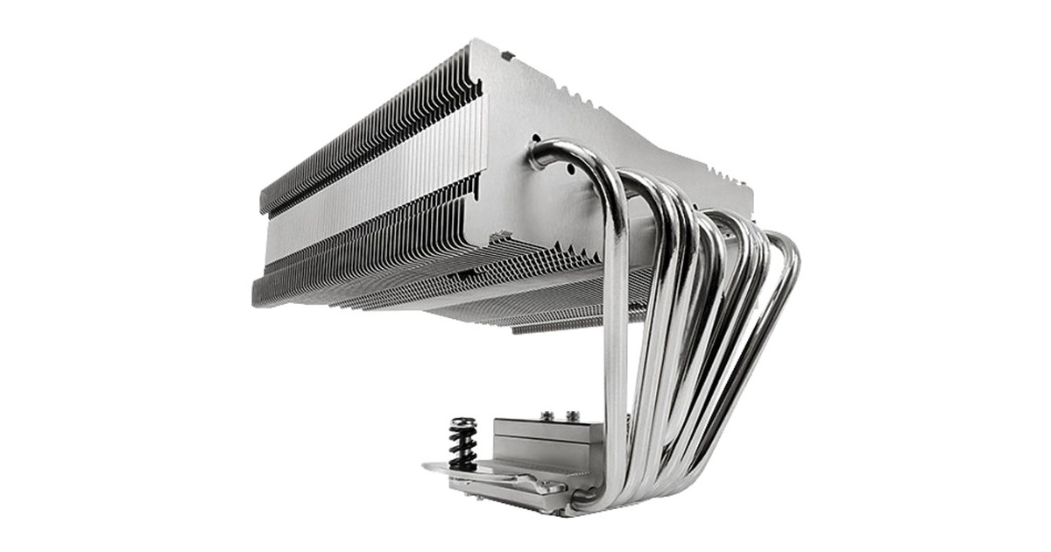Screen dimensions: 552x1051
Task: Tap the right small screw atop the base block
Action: pyautogui.click(x=574, y=414)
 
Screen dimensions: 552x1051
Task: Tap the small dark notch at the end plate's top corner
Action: pyautogui.click(x=506, y=55)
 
